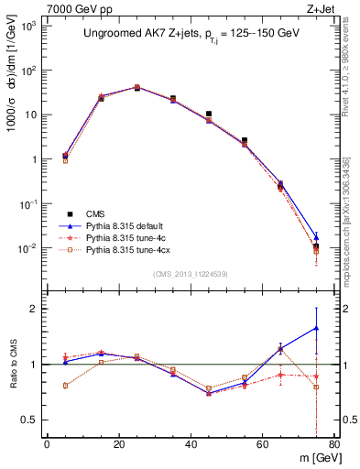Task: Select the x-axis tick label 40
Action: point(190,445)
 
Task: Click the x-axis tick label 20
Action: point(118,445)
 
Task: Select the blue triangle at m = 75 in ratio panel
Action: point(316,328)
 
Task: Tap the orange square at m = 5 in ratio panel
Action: point(65,386)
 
